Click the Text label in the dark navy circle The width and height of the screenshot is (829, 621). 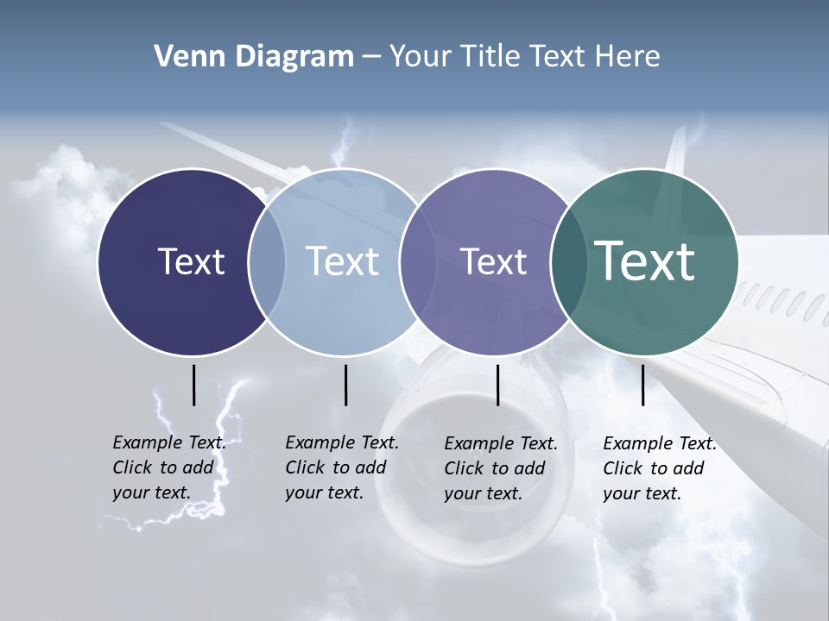[x=191, y=261]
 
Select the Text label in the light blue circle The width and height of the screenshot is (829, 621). [x=342, y=261]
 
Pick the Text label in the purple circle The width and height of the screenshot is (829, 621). [x=493, y=261]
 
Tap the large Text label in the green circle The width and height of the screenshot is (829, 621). [x=645, y=261]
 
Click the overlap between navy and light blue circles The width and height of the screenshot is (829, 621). [x=267, y=262]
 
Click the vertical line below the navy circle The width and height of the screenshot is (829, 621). [x=193, y=385]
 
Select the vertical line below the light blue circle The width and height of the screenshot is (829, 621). [x=345, y=385]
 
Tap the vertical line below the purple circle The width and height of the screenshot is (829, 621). [x=497, y=385]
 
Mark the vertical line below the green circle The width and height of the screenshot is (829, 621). [x=642, y=385]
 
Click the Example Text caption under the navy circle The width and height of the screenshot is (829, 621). [x=168, y=467]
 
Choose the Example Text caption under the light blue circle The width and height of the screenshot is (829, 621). [x=341, y=467]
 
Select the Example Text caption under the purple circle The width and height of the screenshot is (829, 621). [x=500, y=468]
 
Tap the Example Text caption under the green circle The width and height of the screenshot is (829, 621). [x=659, y=468]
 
